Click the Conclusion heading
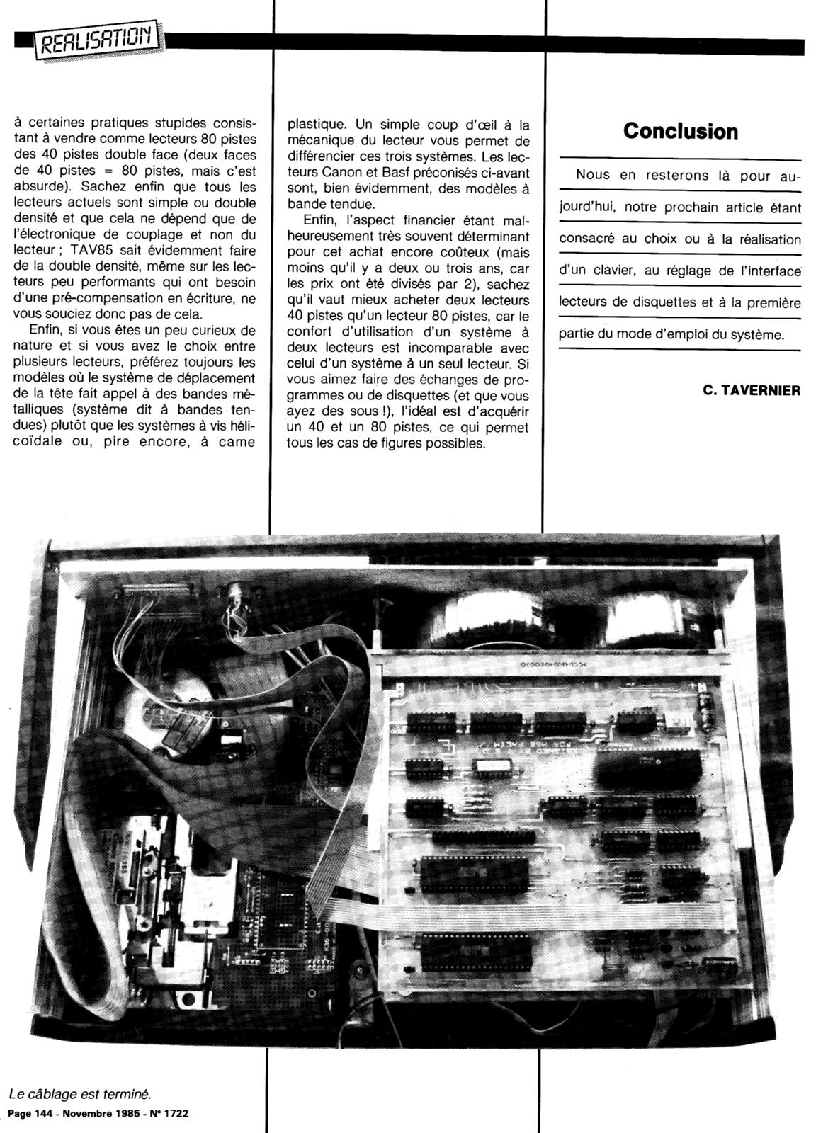680,131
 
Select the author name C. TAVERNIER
752,389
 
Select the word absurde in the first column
42,188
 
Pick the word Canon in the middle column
343,172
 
